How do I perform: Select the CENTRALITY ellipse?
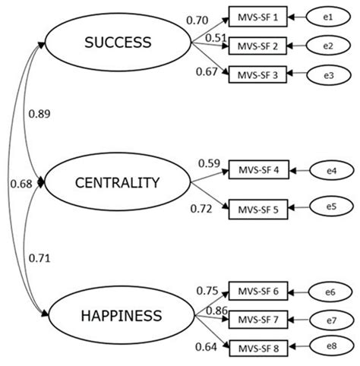[x=117, y=182]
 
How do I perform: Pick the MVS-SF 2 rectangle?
[x=257, y=45]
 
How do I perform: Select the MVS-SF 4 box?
[x=257, y=172]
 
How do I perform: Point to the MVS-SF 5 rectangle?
[x=257, y=207]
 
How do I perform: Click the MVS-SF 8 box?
[x=257, y=347]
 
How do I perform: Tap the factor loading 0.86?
[x=216, y=311]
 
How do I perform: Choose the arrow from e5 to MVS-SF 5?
[x=298, y=207]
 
